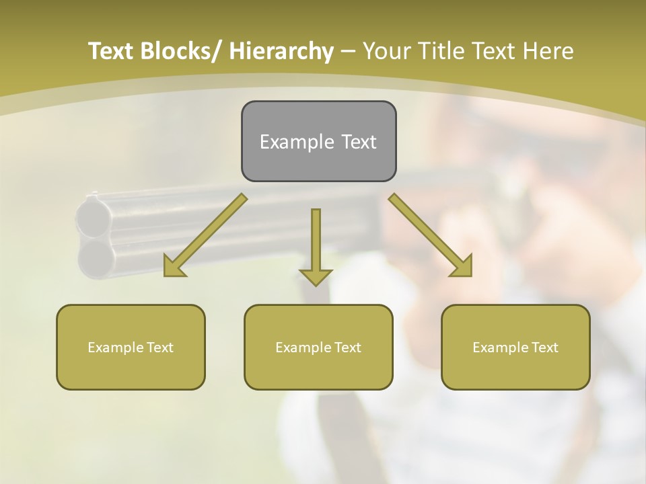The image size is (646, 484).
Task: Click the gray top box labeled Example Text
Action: tap(318, 141)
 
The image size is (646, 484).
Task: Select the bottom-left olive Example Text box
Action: tap(131, 347)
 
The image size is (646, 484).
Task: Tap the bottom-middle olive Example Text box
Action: tap(318, 347)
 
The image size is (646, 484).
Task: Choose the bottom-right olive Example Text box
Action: tap(515, 347)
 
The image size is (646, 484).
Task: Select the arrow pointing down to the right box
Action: tap(431, 236)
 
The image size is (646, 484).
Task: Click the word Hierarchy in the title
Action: tap(281, 51)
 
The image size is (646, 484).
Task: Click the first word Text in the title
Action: tap(112, 51)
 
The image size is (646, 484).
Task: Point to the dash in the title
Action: tap(348, 51)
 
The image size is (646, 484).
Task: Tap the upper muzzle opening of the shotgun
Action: tap(95, 217)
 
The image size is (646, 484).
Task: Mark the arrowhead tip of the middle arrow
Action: tap(316, 285)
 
